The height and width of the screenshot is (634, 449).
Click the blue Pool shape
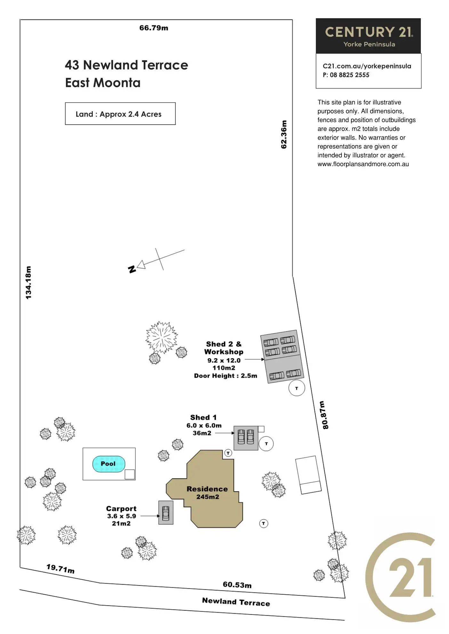click(x=108, y=464)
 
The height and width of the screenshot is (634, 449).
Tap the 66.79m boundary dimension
click(x=154, y=28)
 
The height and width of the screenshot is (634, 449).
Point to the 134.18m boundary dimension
click(x=29, y=282)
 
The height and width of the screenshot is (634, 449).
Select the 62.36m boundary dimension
click(x=284, y=135)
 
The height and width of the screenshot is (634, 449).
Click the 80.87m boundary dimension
click(x=324, y=415)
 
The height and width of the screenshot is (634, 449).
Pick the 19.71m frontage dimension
click(x=60, y=569)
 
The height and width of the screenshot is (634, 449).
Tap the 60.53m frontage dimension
click(x=237, y=585)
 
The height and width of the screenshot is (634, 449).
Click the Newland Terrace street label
click(x=236, y=602)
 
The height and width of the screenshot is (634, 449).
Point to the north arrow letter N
click(x=132, y=269)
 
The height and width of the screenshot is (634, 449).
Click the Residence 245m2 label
click(x=207, y=493)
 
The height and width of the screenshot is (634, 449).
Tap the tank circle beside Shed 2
click(x=297, y=388)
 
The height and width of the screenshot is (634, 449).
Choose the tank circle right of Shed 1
click(x=266, y=444)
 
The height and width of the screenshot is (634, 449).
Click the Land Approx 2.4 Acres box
click(x=120, y=114)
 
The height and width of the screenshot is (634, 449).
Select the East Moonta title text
click(x=103, y=83)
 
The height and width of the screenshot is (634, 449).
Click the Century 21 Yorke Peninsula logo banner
click(x=368, y=36)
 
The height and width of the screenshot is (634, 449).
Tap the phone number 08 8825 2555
click(x=349, y=75)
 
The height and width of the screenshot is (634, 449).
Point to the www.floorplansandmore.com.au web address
click(x=363, y=164)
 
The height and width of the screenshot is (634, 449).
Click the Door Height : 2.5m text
click(x=226, y=376)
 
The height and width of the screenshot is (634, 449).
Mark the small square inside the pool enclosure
click(x=130, y=474)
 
